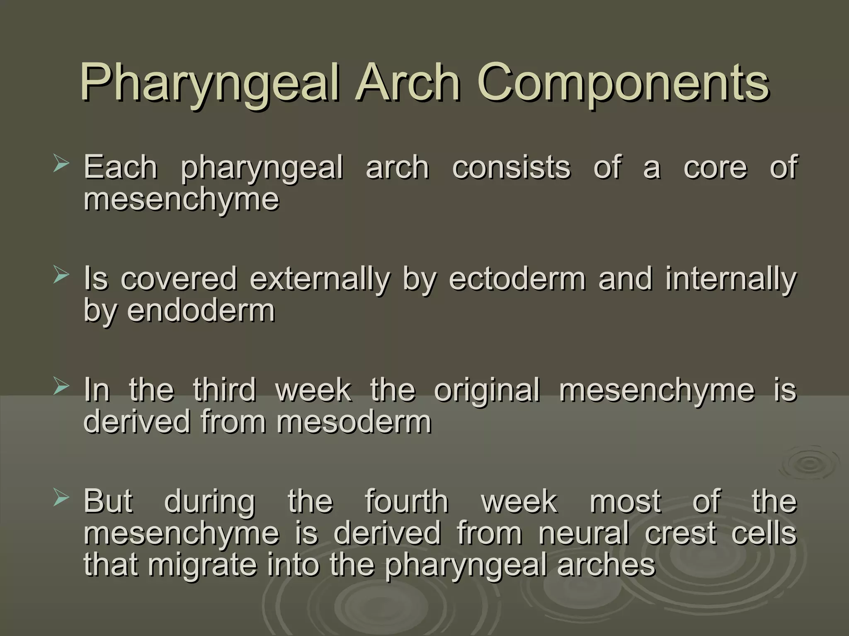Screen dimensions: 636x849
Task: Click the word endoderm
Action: tap(201, 310)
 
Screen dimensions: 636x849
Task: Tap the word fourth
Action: tap(407, 501)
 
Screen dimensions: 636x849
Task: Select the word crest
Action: tap(680, 534)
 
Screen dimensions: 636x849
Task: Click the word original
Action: tap(487, 391)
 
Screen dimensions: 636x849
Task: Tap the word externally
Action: tap(320, 279)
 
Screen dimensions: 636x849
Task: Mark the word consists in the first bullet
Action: tap(511, 167)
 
